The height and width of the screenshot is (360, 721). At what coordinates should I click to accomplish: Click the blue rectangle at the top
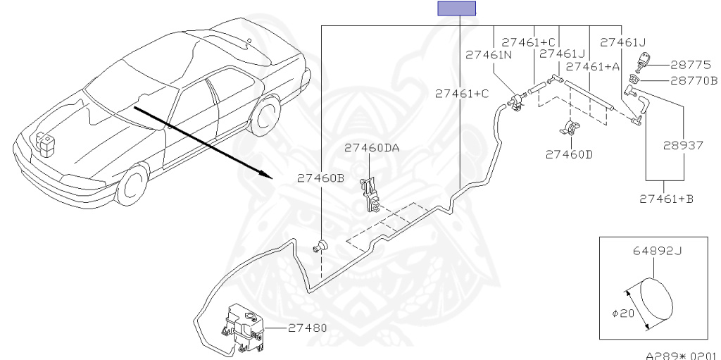point(457,8)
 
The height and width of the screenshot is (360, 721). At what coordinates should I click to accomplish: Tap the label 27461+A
point(593,66)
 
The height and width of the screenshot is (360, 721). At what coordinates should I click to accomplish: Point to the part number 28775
point(684,64)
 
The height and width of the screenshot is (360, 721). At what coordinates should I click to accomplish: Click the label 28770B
point(689,81)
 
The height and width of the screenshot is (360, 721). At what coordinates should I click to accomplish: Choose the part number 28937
point(683,147)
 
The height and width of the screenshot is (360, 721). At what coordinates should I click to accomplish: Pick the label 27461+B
point(666,199)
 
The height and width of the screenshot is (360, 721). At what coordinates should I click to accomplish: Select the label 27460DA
point(371,148)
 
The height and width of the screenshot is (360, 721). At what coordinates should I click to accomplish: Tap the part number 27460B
point(320,178)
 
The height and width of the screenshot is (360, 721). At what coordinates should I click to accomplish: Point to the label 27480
point(307,328)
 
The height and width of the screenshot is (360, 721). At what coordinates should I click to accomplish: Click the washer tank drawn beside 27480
point(243,323)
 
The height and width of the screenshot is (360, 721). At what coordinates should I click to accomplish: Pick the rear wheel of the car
point(264,116)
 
